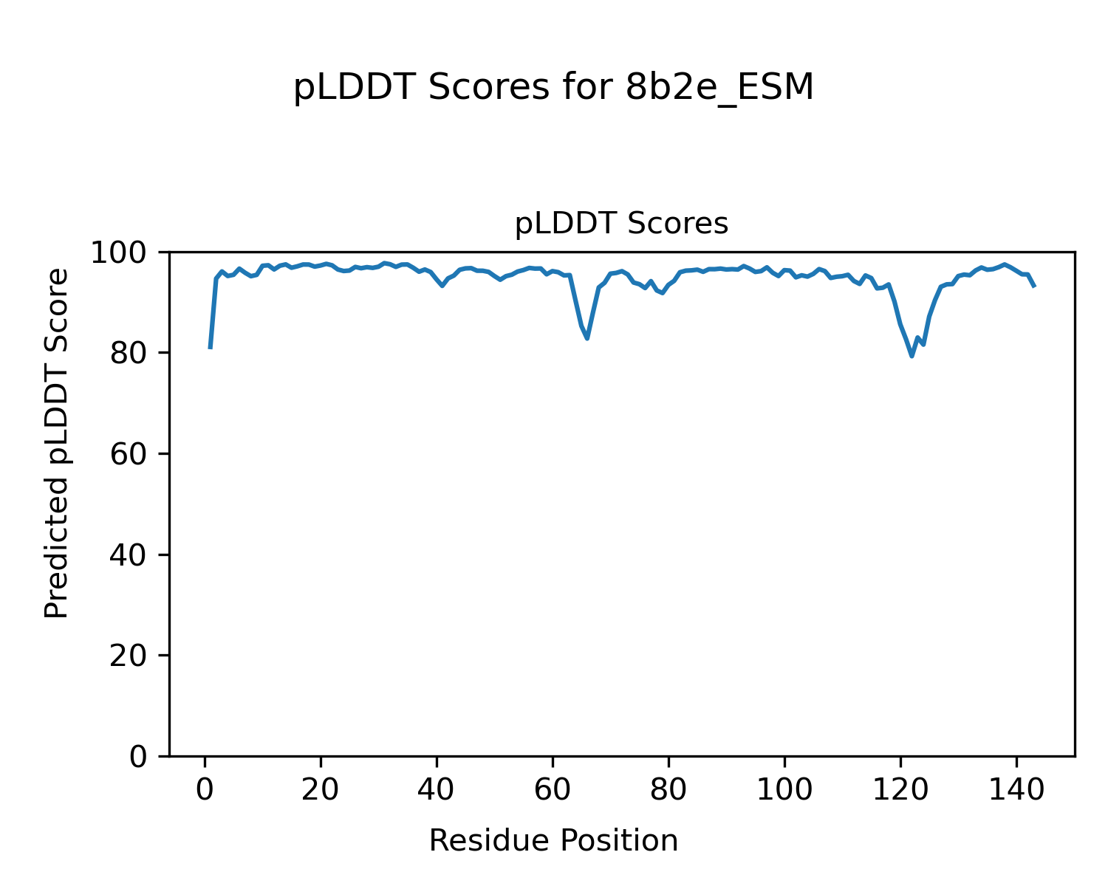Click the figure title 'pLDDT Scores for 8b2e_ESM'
(x=553, y=88)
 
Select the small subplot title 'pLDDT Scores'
(x=621, y=224)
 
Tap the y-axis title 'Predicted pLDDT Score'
(x=57, y=443)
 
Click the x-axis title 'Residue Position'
(x=553, y=841)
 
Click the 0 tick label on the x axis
(x=205, y=790)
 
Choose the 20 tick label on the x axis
(x=321, y=790)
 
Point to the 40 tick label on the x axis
(x=437, y=790)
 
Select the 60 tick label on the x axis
(x=553, y=790)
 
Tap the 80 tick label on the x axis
(x=668, y=790)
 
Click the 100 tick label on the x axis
(x=784, y=790)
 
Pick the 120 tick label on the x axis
(x=900, y=790)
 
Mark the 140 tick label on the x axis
(x=1016, y=790)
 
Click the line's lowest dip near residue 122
(x=912, y=356)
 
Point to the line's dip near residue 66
(x=587, y=338)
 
